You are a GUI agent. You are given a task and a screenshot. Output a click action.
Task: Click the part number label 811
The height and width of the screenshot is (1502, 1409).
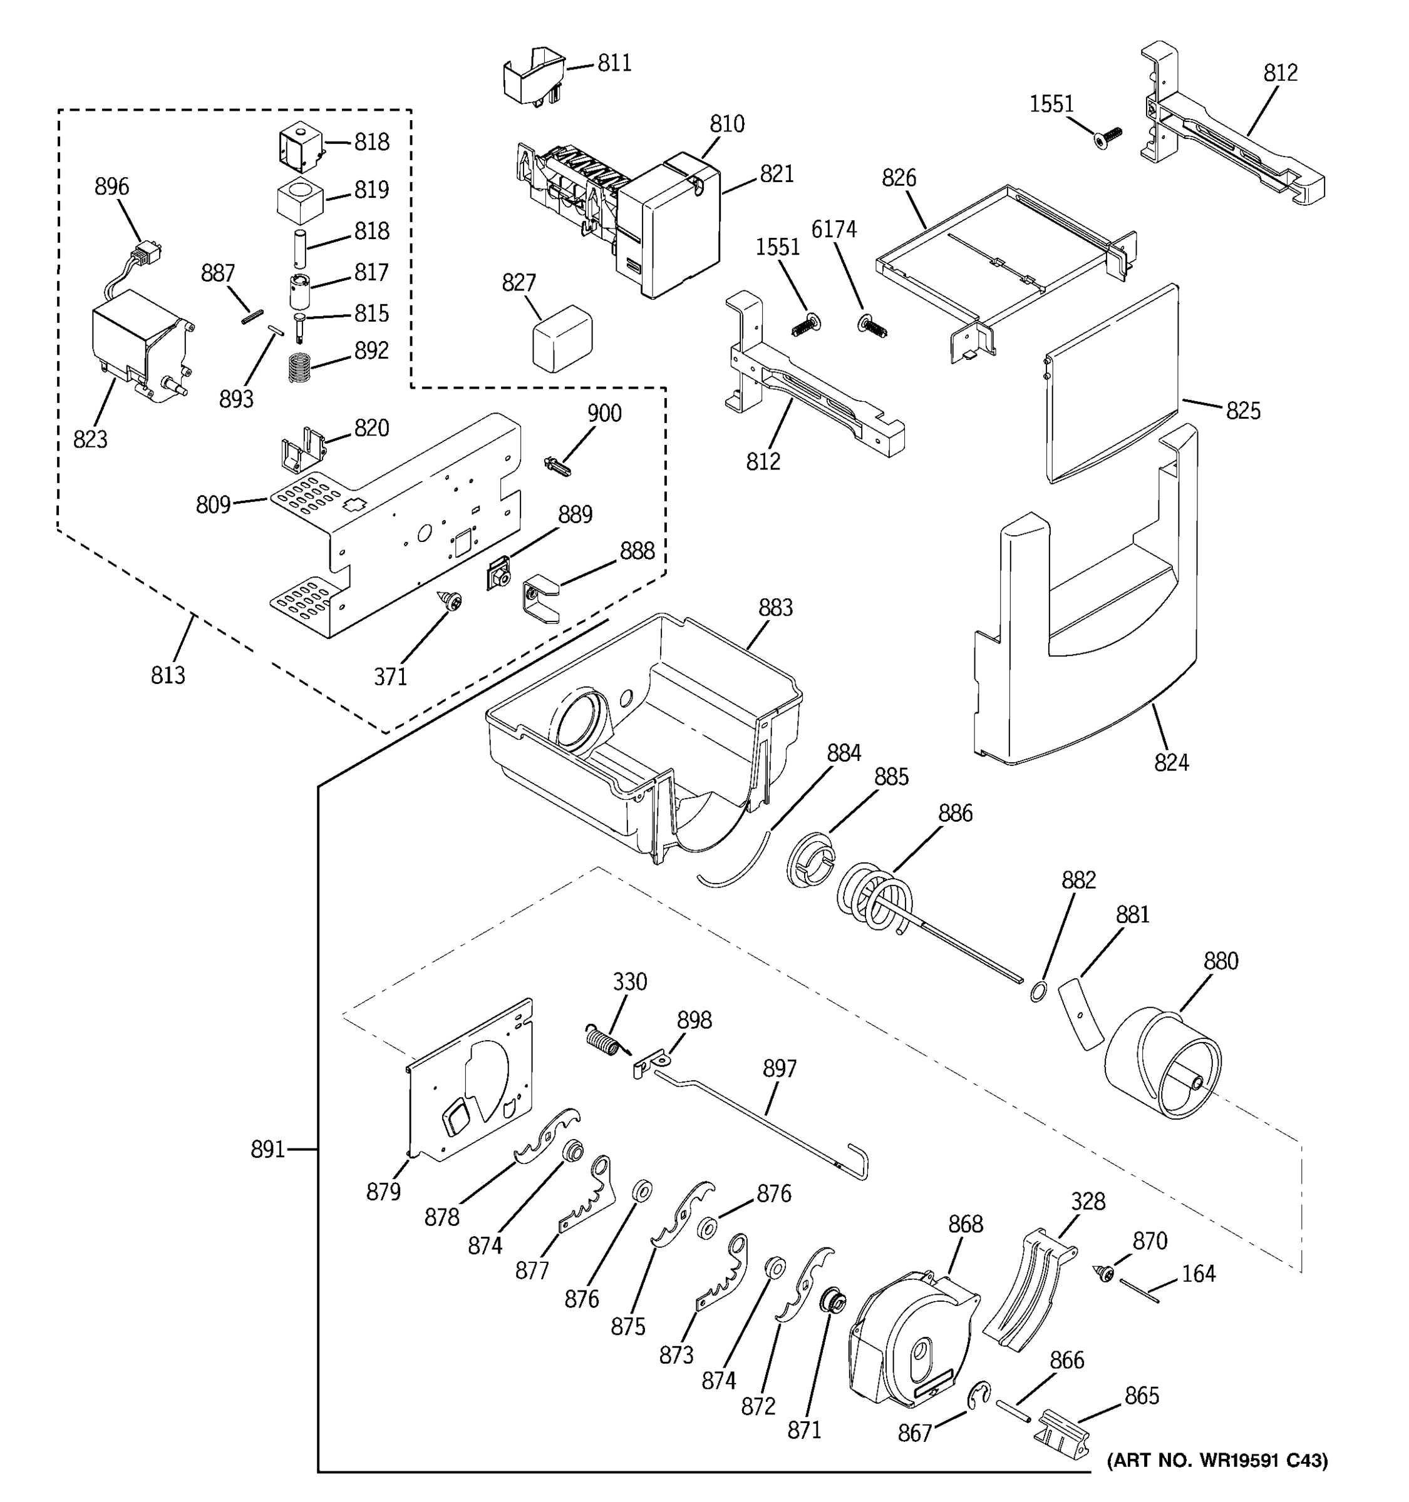[614, 63]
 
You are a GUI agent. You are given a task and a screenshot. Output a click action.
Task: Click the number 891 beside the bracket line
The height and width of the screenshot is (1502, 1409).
[267, 1149]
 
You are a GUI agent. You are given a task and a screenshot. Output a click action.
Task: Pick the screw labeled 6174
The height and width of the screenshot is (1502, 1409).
[872, 325]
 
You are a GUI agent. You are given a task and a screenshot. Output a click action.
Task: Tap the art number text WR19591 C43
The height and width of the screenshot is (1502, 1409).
[1217, 1461]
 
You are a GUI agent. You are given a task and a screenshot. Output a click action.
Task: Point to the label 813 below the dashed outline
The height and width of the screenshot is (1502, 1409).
[167, 674]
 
